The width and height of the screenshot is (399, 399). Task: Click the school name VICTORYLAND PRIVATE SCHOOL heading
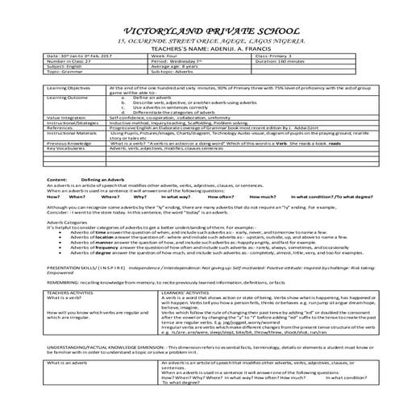(x=199, y=13)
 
